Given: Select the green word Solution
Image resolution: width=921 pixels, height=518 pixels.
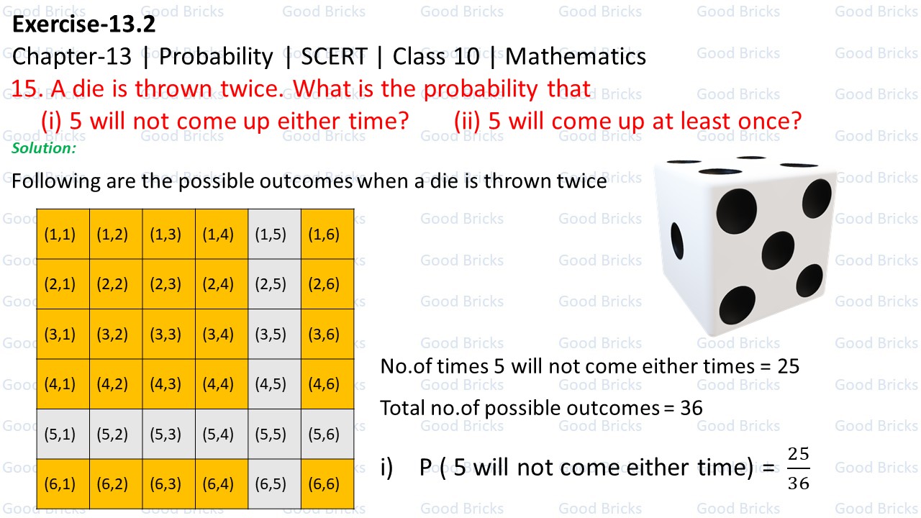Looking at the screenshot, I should pos(44,147).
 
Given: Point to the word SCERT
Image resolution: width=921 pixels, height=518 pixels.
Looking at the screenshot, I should pos(334,56).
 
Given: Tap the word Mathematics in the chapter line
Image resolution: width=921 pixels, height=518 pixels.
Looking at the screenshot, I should pos(576,56).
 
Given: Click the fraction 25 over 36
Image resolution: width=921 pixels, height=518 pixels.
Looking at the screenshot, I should pos(798,468).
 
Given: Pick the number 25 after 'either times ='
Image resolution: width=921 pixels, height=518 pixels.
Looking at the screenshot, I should pos(789,366).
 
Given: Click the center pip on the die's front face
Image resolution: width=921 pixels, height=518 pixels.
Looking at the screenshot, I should pos(778,249).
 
